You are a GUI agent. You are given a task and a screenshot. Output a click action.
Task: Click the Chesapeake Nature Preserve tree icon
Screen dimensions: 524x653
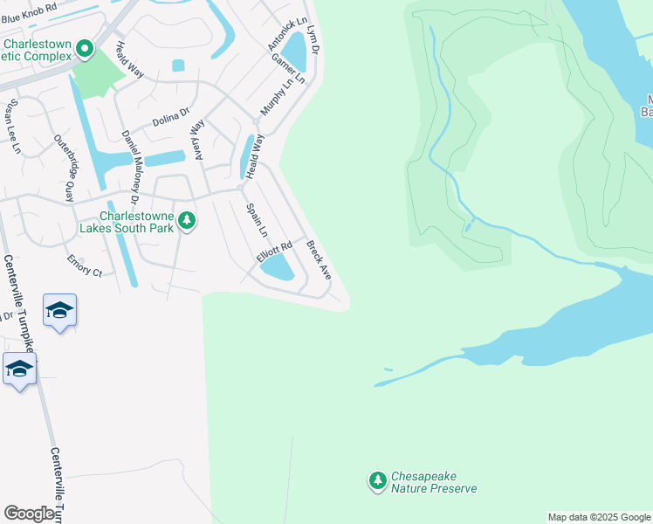377,480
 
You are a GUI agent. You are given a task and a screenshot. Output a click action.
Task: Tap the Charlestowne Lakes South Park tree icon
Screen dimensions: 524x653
186,221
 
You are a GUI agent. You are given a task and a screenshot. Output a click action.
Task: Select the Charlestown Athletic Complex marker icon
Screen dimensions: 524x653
85,49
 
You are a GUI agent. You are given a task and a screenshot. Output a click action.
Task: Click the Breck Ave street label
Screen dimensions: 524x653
319,261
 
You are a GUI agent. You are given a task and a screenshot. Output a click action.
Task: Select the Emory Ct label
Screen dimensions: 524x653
85,266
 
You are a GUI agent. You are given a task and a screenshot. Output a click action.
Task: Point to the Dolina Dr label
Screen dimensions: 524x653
171,115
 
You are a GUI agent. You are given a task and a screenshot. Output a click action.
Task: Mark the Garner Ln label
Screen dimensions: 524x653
287,68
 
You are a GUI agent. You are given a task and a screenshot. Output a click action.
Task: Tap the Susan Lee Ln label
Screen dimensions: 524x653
12,126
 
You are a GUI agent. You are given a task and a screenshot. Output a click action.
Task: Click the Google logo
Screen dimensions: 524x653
30,514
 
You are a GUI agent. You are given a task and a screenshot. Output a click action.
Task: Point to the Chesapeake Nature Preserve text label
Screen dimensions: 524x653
434,483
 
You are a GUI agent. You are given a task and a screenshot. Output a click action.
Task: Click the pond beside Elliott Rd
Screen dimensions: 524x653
278,267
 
